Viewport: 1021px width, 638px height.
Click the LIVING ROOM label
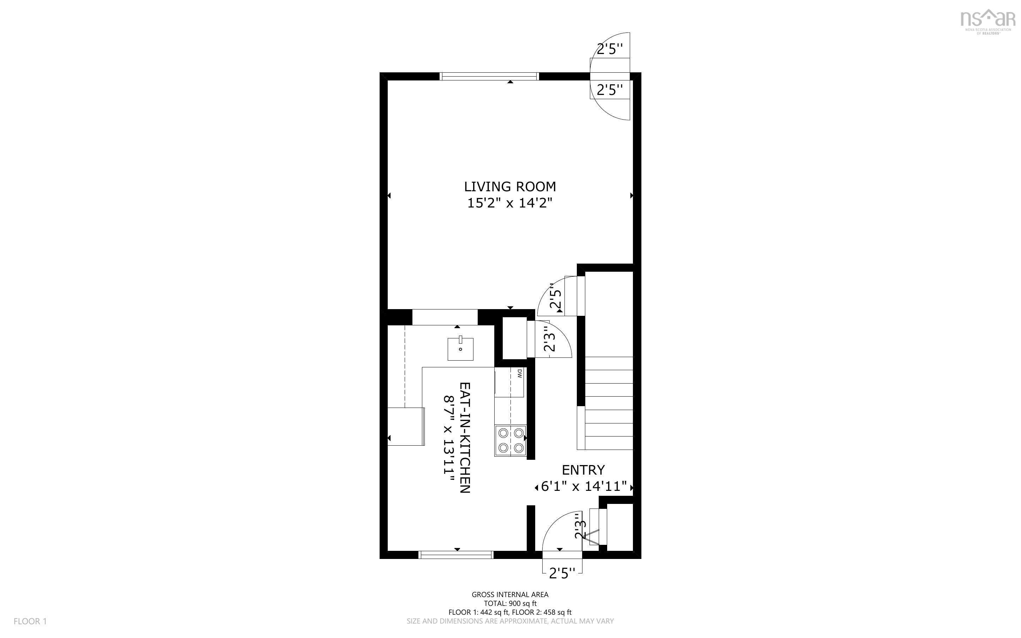click(510, 187)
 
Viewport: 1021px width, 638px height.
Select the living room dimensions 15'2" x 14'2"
click(510, 203)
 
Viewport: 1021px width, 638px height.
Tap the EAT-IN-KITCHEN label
click(464, 437)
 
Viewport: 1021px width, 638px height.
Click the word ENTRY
click(583, 470)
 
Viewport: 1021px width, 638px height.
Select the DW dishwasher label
click(520, 373)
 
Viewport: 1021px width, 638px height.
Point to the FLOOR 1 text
click(30, 621)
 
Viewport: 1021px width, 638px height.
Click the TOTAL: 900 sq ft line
click(510, 603)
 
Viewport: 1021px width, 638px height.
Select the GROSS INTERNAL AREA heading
click(510, 595)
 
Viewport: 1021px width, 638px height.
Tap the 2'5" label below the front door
click(562, 573)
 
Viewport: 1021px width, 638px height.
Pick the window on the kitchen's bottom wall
click(456, 555)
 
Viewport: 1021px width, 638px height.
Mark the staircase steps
click(609, 403)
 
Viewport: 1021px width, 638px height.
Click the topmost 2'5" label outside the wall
click(609, 49)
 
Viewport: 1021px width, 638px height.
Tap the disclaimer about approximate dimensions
click(510, 621)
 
